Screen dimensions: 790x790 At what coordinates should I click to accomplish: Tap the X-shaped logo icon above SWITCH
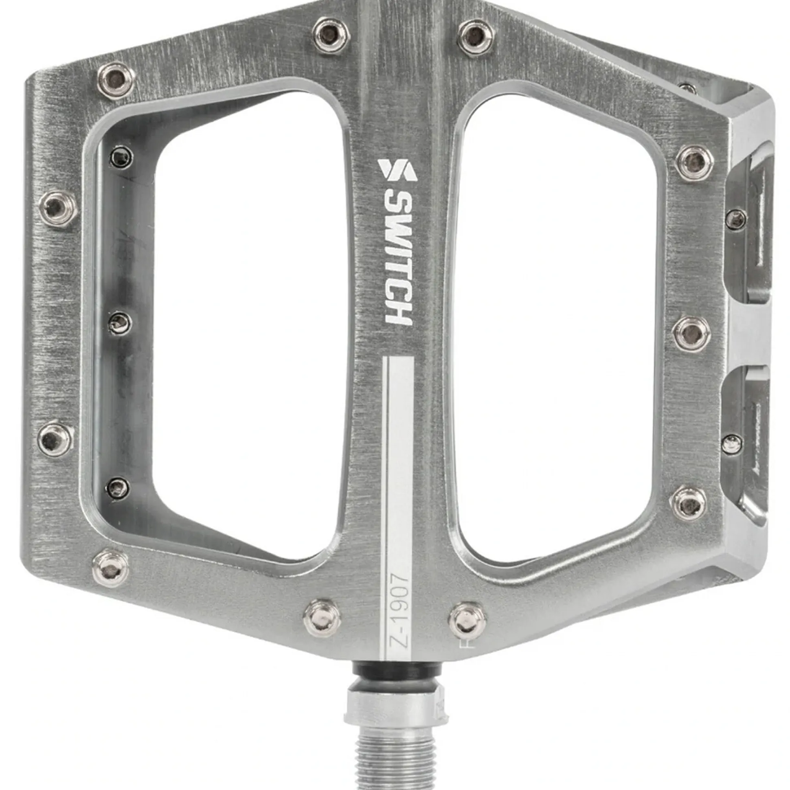(397, 170)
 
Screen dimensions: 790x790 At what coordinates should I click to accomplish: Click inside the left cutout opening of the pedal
(245, 319)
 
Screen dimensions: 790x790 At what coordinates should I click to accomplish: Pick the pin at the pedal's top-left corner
(116, 79)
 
